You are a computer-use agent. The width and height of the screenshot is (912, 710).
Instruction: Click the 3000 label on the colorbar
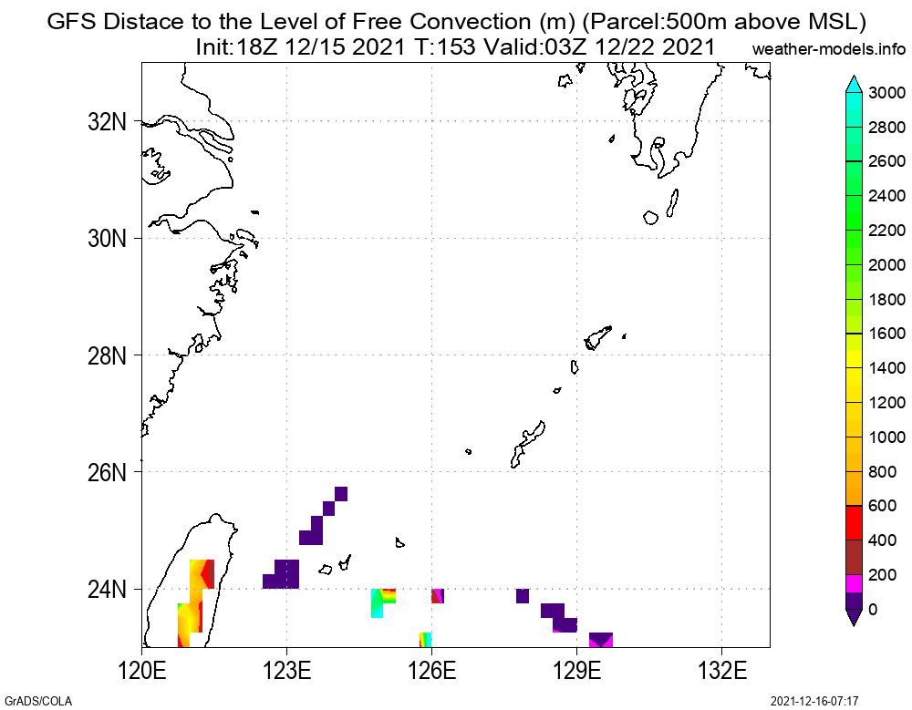pyautogui.click(x=886, y=92)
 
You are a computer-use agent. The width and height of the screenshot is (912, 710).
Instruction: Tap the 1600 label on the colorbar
pyautogui.click(x=886, y=334)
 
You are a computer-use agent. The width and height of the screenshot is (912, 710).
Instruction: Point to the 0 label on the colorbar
pyautogui.click(x=874, y=610)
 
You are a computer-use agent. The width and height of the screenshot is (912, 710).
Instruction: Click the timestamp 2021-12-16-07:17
pyautogui.click(x=814, y=701)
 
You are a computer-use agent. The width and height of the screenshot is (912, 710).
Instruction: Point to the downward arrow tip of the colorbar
pyautogui.click(x=854, y=623)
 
